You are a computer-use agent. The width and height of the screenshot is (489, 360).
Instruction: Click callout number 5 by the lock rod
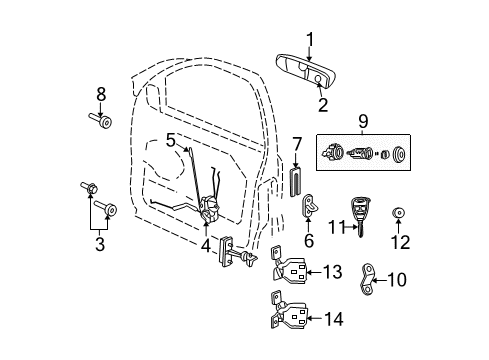(x=171, y=140)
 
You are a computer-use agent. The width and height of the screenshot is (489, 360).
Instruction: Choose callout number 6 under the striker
(x=309, y=240)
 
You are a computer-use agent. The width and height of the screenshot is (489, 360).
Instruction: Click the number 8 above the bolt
(x=100, y=95)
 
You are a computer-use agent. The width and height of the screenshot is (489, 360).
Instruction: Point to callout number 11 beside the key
(x=338, y=227)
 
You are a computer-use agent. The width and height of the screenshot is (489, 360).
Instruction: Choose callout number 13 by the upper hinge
(x=332, y=271)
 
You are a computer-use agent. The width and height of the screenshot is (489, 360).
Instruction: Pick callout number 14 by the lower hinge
(x=332, y=319)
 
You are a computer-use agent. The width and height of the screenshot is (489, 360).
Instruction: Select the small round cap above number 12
(x=399, y=212)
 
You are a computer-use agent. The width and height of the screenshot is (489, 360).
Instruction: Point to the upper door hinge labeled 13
(x=292, y=270)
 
